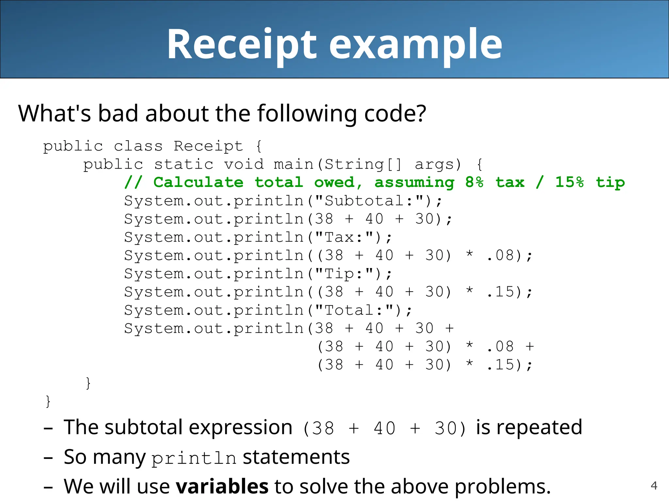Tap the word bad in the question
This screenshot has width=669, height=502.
point(118,113)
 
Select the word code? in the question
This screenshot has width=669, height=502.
point(395,113)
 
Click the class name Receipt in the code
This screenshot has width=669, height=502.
point(208,146)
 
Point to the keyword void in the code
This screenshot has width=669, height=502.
point(244,164)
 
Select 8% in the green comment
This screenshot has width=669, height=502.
point(474,182)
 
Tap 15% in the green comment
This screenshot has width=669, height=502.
point(569,182)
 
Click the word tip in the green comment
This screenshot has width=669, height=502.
point(610,182)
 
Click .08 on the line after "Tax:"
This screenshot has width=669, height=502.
point(500,256)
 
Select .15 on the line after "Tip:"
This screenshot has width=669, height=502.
point(500,292)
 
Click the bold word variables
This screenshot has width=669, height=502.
point(222,486)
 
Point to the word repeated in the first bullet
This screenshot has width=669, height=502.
point(529,427)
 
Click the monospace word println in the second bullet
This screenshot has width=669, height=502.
point(194,458)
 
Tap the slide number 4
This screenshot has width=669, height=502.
point(654,486)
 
